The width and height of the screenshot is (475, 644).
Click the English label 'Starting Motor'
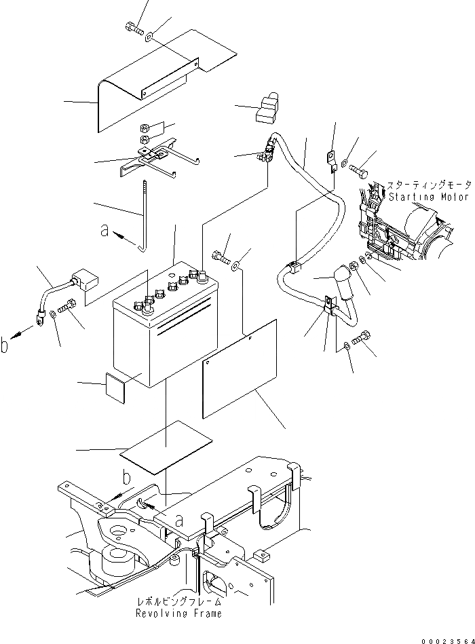point(429,197)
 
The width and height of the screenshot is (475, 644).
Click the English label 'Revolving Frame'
point(178,613)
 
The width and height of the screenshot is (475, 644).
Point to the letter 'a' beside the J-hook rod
point(104,231)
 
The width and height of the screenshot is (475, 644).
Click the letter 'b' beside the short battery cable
point(6,345)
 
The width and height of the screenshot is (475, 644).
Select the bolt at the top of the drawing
point(132,29)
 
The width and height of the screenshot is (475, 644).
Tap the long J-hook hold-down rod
point(144,217)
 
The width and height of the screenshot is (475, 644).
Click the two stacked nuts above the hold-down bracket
point(144,134)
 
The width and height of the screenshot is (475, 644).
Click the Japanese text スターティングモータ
point(428,185)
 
